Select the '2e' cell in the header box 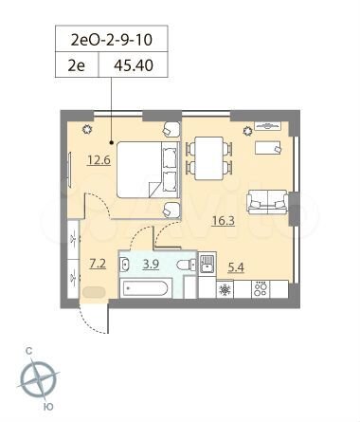(x=80, y=66)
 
